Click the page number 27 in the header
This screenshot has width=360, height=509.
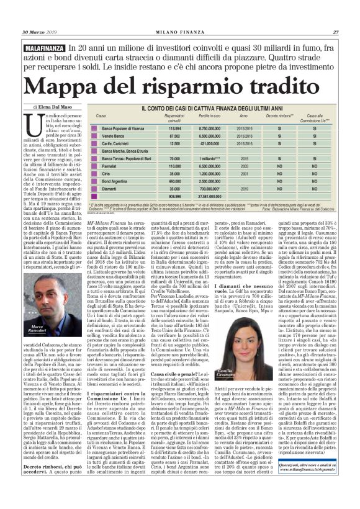(335, 32)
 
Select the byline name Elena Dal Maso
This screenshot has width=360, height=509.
(55, 106)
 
